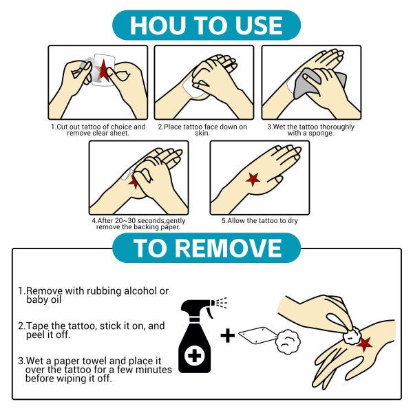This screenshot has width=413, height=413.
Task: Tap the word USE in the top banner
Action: [x=259, y=25]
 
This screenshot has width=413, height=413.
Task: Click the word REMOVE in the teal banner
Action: [x=229, y=248]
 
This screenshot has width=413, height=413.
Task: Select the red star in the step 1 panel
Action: [x=103, y=70]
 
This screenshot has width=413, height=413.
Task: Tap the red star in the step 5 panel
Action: [x=253, y=180]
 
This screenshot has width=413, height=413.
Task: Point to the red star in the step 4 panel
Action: [x=134, y=182]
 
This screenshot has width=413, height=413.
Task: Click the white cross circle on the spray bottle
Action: [x=194, y=356]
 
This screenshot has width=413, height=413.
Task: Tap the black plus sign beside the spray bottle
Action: [x=228, y=336]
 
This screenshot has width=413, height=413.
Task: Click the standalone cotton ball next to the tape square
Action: [x=288, y=341]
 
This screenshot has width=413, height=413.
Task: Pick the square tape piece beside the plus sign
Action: [x=258, y=336]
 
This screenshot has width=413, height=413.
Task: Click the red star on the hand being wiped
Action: [x=365, y=344]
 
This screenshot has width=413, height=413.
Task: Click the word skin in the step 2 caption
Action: [x=202, y=133]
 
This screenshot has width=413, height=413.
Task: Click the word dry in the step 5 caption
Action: [x=293, y=221]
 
